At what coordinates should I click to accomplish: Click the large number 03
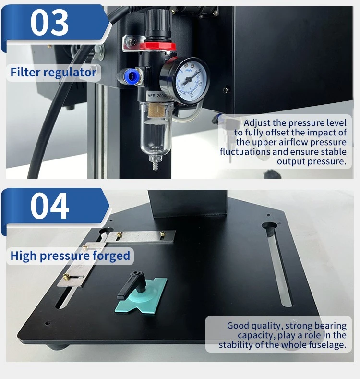coord(49,23)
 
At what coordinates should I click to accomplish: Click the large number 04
coord(49,206)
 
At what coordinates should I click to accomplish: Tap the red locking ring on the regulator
coord(158,46)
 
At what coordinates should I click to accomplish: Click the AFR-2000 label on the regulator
coord(156,96)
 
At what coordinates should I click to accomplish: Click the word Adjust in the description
coord(257,123)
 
